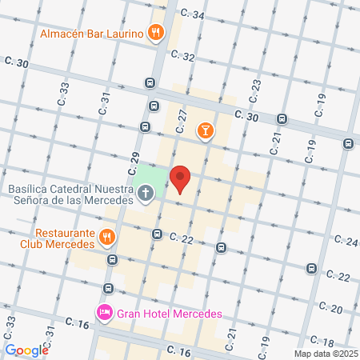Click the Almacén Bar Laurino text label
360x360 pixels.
click(91, 34)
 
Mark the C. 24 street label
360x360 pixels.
click(347, 240)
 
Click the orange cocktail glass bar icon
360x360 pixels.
click(206, 130)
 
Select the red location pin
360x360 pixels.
click(181, 179)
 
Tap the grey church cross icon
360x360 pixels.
click(146, 193)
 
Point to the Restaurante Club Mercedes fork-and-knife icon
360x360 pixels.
click(106, 237)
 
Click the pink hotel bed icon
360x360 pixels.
click(104, 312)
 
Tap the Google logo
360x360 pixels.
click(26, 350)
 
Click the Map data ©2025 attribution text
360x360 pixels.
click(324, 354)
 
